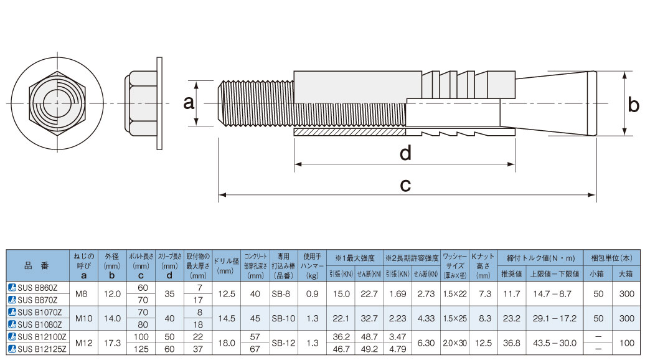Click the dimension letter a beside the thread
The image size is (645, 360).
189,103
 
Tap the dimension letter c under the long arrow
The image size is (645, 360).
405,186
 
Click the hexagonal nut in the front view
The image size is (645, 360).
57,103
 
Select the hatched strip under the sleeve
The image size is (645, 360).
350,132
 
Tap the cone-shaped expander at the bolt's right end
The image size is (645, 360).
548,103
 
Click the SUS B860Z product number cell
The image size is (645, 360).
38,288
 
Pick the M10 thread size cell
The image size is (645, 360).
84,318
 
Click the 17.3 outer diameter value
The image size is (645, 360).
112,343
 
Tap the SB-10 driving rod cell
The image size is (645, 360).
283,318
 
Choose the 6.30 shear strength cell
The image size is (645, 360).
426,343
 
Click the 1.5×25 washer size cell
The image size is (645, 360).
454,318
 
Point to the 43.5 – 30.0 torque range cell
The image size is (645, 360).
555,343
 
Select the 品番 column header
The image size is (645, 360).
38,265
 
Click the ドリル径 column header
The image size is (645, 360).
226,265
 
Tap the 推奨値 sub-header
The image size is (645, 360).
512,273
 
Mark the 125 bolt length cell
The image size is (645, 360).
141,349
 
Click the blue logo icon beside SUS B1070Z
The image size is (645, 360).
12,312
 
